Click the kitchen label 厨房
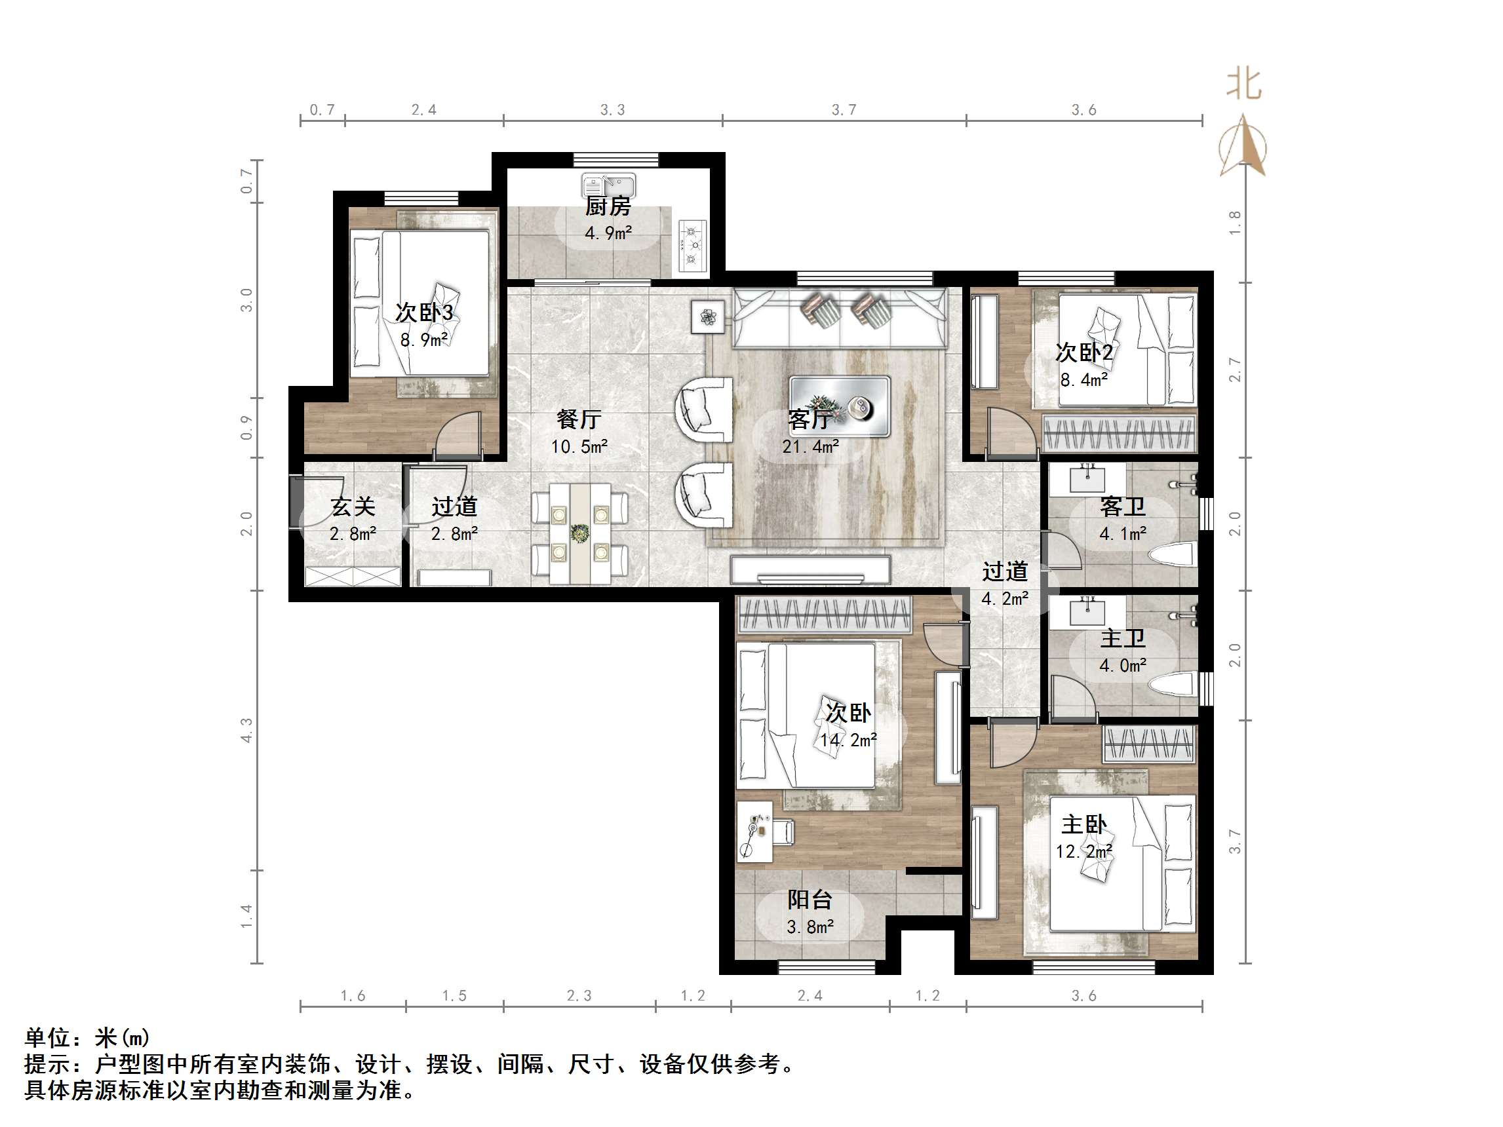coord(608,206)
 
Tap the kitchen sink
coord(609,185)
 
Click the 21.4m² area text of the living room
coord(810,446)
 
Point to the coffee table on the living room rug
coord(839,406)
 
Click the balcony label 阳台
coord(810,900)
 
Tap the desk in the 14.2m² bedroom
coord(755,831)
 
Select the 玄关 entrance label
coord(353,506)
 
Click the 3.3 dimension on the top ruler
coord(612,109)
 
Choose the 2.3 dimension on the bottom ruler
coord(579,995)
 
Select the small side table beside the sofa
coord(708,316)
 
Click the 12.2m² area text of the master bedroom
coord(1083,850)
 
